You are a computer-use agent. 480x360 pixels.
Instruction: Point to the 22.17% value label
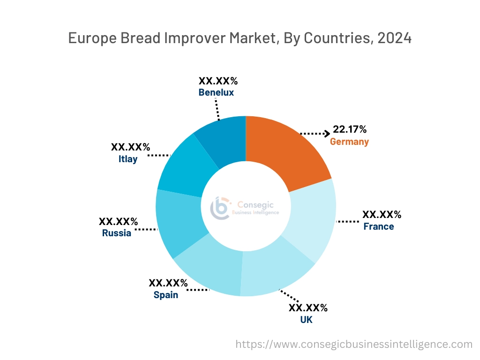[349, 129]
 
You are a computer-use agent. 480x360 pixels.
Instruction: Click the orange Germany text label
[349, 142]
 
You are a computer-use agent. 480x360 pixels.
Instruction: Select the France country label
[378, 227]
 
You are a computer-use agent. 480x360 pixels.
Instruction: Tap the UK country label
[306, 320]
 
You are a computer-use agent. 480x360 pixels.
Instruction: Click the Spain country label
[166, 295]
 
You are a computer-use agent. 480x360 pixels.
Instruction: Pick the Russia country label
[117, 233]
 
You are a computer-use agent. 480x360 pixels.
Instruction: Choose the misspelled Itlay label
[128, 159]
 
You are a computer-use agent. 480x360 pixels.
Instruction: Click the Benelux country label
[216, 92]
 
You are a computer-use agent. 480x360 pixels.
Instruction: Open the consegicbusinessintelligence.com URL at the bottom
[353, 344]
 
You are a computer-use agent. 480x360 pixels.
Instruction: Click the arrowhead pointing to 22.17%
[327, 134]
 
